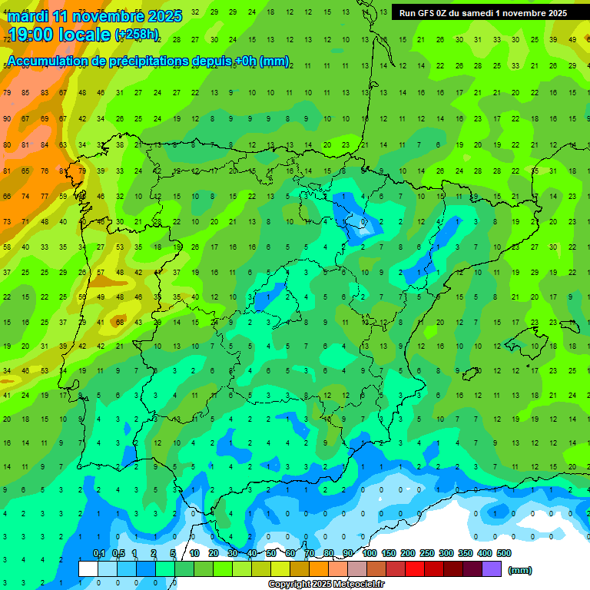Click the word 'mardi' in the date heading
pyautogui.click(x=26, y=16)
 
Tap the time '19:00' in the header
pyautogui.click(x=31, y=35)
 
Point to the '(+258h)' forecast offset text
pyautogui.click(x=137, y=35)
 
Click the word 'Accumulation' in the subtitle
pyautogui.click(x=46, y=61)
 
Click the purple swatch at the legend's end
pyautogui.click(x=492, y=569)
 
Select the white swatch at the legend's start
pyautogui.click(x=88, y=569)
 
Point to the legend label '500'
pyautogui.click(x=503, y=553)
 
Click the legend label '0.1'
pyautogui.click(x=99, y=553)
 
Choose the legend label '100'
pyautogui.click(x=369, y=553)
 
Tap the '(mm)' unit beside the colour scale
pyautogui.click(x=520, y=570)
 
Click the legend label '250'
pyautogui.click(x=426, y=553)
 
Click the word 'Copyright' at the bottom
pyautogui.click(x=290, y=585)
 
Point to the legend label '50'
pyautogui.click(x=271, y=553)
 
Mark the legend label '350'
pyautogui.click(x=465, y=553)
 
